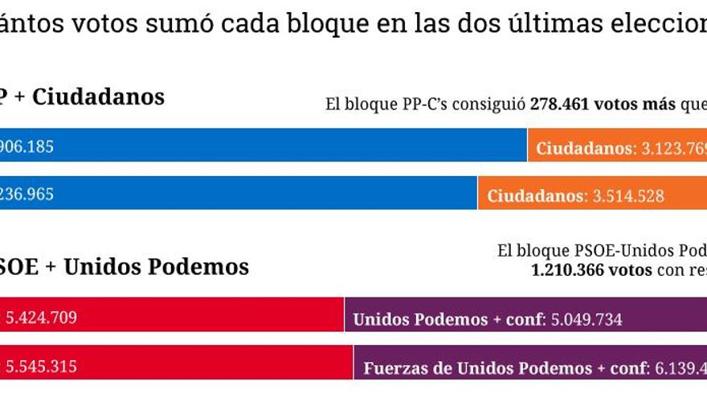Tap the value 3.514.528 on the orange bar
pos(628,195)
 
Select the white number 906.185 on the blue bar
pos(27,146)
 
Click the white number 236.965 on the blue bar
pos(27,195)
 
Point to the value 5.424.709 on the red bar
pos(42,318)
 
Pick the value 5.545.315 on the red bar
pos(42,367)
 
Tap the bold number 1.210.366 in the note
pos(571,270)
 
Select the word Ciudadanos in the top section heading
pos(98,97)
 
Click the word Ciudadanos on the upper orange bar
pos(582,148)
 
